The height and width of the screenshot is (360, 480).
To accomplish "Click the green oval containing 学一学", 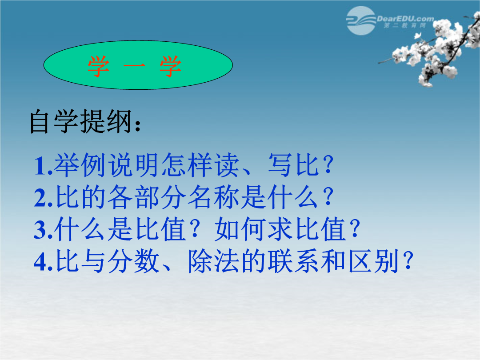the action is coord(138,65).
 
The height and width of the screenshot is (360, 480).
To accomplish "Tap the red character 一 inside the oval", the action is coord(134,66).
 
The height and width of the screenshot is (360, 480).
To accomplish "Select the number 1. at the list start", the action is coord(43,166).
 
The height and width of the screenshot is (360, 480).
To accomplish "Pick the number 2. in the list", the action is coord(44,198).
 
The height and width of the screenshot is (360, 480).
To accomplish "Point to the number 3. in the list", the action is coord(44,230).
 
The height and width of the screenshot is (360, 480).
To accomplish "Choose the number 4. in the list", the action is coord(44,262).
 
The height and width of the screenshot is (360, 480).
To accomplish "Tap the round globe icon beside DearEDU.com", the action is coord(361,20).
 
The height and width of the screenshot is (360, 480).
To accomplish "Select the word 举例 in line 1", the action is coord(80,165).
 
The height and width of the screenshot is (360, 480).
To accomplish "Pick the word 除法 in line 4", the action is coord(214,261).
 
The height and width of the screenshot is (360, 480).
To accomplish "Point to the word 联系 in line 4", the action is coord(294,261).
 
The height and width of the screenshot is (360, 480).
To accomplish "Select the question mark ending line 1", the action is coord(328,165).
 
